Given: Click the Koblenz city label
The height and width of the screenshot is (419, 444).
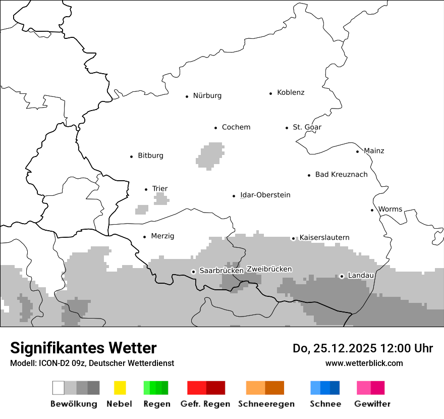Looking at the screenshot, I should tap(291, 93).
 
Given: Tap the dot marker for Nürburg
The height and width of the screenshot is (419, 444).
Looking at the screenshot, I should tap(187, 96).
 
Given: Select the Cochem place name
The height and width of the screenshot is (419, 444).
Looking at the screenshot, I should tap(236, 127).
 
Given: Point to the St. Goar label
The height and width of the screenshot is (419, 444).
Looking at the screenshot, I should tap(307, 127).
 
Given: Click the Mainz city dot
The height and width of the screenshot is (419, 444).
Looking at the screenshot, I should tap(357, 151).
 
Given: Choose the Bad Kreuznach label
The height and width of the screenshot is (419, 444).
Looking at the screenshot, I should tap(341, 175).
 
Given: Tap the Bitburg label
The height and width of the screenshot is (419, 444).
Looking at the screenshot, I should tap(150, 155).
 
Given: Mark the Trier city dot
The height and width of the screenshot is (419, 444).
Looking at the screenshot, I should tap(146, 189).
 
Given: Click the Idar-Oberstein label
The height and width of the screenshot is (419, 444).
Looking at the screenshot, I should tap(265, 195).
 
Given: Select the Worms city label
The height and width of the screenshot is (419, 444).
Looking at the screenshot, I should tap(390, 210).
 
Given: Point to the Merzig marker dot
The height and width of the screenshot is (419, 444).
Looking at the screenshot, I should tap(145, 236).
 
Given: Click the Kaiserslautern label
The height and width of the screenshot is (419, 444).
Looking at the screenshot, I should tap(324, 238).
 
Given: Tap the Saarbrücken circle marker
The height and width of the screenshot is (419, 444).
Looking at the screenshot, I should tap(193, 272).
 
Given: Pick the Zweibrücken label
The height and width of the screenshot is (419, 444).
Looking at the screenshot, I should tap(269, 270).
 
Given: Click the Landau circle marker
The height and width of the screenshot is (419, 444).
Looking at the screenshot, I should tap(342, 276).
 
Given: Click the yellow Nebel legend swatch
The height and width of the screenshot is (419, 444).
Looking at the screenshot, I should tap(120, 388).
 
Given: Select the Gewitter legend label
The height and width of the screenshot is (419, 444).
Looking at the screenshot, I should tap(372, 404).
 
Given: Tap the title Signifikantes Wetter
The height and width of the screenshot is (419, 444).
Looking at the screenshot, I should tap(83, 348).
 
